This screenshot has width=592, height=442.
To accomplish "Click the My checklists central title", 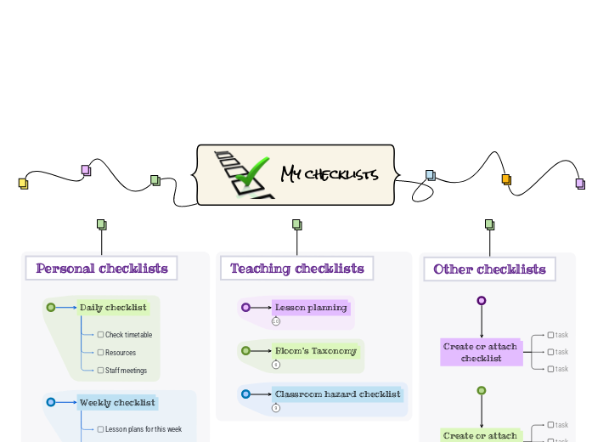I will coord(330,175).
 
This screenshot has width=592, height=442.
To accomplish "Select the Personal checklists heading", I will coord(102,269).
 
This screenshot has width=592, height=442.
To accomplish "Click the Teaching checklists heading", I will coord(296,269).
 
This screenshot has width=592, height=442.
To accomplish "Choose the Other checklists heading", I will coord(489,269).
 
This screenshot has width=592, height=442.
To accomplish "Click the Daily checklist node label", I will coord(113,308).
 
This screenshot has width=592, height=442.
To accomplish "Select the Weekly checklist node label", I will coord(117,402).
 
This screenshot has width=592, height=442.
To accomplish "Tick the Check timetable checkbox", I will coord(100,335).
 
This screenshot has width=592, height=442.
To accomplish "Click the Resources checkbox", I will coord(100,353).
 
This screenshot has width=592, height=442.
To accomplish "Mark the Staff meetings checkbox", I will coord(100,371).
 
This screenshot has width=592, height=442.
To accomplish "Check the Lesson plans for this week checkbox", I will coord(100,429).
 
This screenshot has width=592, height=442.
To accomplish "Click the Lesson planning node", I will coord(311,308).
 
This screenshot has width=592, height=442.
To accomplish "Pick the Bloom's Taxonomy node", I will coord(315,350).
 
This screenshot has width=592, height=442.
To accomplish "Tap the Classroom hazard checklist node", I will coord(337,394).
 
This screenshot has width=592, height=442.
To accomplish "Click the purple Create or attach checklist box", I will coord(481,352).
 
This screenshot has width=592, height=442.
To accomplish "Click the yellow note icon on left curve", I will coord(23,183).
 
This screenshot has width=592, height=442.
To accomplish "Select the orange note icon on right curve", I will coord(506,179).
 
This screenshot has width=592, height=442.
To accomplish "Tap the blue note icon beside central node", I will coord(430,175).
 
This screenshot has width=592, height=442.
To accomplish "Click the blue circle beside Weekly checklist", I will coord(51,402).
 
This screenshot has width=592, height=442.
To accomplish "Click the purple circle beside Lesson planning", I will coord(245,308).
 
